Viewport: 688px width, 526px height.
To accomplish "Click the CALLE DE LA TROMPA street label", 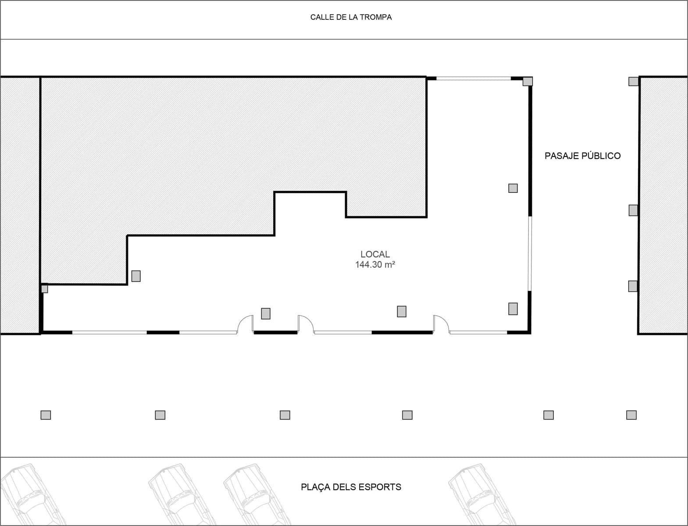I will (351, 18).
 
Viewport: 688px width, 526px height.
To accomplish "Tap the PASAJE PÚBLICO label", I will (582, 156).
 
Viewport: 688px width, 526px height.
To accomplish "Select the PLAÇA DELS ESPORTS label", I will (351, 487).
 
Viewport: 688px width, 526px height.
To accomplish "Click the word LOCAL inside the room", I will (375, 254).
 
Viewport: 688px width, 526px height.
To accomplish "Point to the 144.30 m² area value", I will (375, 265).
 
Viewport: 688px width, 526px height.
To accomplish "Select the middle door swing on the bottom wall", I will (305, 324).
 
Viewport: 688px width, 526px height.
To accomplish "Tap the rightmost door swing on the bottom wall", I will (441, 324).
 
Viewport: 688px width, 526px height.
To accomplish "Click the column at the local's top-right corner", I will (528, 82).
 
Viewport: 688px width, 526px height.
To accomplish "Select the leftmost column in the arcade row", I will (46, 415).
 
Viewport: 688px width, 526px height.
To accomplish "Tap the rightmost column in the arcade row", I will (631, 415).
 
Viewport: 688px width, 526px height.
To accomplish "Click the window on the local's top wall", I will (474, 79).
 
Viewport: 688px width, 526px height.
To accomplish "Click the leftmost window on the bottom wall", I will (110, 333).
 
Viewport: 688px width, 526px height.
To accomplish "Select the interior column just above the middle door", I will (266, 313).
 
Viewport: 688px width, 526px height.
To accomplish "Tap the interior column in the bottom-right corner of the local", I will (513, 309).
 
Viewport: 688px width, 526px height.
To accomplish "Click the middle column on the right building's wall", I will (633, 210).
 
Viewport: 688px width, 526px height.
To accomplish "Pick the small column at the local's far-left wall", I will (44, 289).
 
